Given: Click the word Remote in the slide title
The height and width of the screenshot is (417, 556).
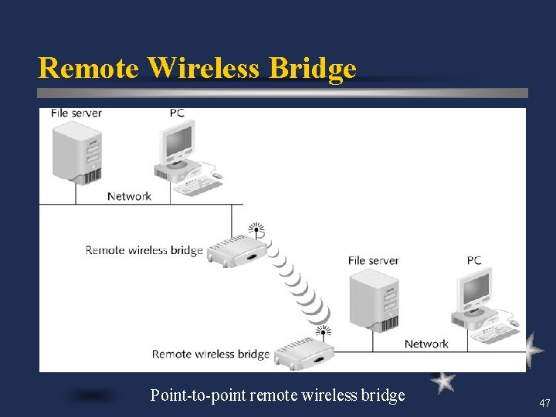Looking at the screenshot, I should [89, 68].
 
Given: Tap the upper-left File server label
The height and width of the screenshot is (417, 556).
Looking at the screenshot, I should [76, 114].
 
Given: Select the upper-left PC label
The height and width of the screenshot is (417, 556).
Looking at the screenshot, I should [177, 114].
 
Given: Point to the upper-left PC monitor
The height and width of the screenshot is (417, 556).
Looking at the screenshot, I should [178, 142].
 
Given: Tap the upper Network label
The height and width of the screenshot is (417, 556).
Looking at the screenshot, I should [129, 196].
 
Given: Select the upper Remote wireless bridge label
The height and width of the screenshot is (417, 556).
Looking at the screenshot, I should [144, 250].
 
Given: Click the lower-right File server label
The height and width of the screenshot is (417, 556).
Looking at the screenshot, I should [373, 261].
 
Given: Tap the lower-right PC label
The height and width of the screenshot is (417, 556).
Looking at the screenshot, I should [474, 261].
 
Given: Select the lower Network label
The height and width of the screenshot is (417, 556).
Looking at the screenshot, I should [426, 344].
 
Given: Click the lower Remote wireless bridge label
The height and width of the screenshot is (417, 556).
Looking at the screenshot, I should [210, 354].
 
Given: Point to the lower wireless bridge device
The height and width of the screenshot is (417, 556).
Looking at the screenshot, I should [303, 353].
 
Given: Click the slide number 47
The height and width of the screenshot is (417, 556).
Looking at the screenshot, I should [544, 403].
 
